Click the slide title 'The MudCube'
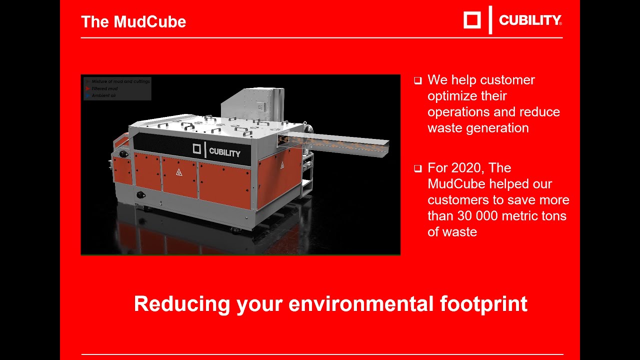click(133, 22)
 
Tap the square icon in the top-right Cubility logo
click(472, 20)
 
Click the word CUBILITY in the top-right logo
click(530, 20)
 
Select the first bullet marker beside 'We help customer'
click(418, 80)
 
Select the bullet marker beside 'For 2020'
click(418, 168)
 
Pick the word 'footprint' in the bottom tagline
click(483, 303)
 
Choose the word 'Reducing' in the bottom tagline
click(182, 303)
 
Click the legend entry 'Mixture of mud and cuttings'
click(120, 81)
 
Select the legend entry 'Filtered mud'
click(104, 88)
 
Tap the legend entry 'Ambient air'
click(103, 95)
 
